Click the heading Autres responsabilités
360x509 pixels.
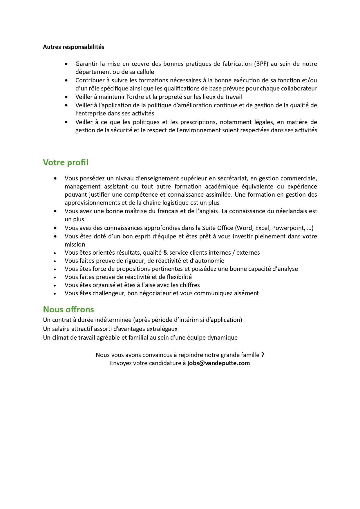(73, 47)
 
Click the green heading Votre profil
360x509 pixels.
(66, 162)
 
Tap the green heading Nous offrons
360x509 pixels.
(68, 309)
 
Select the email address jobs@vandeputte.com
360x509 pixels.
(218, 363)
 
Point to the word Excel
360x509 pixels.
(262, 228)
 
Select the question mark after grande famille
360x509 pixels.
(263, 355)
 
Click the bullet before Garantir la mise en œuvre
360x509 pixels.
(67, 64)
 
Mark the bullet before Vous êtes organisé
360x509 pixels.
(55, 285)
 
